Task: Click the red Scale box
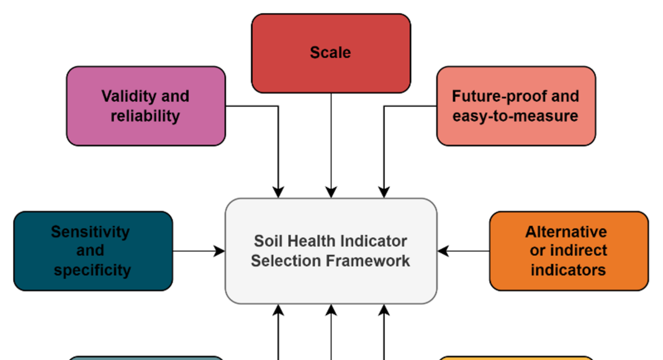point(331,53)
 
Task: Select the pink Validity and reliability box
point(146,106)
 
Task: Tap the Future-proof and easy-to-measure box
point(516,106)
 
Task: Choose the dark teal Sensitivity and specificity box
point(93,251)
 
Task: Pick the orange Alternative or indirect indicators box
point(569,251)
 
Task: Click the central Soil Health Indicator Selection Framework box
point(331,251)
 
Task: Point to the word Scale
point(330,52)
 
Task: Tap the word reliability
point(145,116)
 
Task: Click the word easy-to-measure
point(515,116)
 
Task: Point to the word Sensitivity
point(90,232)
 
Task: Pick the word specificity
point(92,270)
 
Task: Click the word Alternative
point(566,232)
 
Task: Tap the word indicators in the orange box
point(568,270)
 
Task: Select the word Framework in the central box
point(371,261)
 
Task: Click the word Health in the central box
point(308,241)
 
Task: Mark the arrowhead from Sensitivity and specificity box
point(220,251)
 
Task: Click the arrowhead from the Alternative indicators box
point(443,251)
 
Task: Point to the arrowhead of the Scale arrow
point(331,192)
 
